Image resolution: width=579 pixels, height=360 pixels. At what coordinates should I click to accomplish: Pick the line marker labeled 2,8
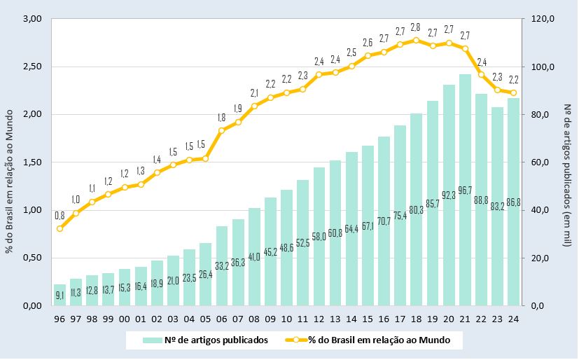pos(416,40)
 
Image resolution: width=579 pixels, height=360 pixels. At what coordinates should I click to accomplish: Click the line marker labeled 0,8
pos(60,228)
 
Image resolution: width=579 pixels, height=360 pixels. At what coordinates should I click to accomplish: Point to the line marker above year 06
pos(222,130)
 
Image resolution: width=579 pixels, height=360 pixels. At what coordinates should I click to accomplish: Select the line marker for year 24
pos(513,92)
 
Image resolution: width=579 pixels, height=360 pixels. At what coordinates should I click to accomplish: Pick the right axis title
pos(568,162)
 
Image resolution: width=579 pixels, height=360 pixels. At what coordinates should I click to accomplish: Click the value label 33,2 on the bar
pos(222,265)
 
